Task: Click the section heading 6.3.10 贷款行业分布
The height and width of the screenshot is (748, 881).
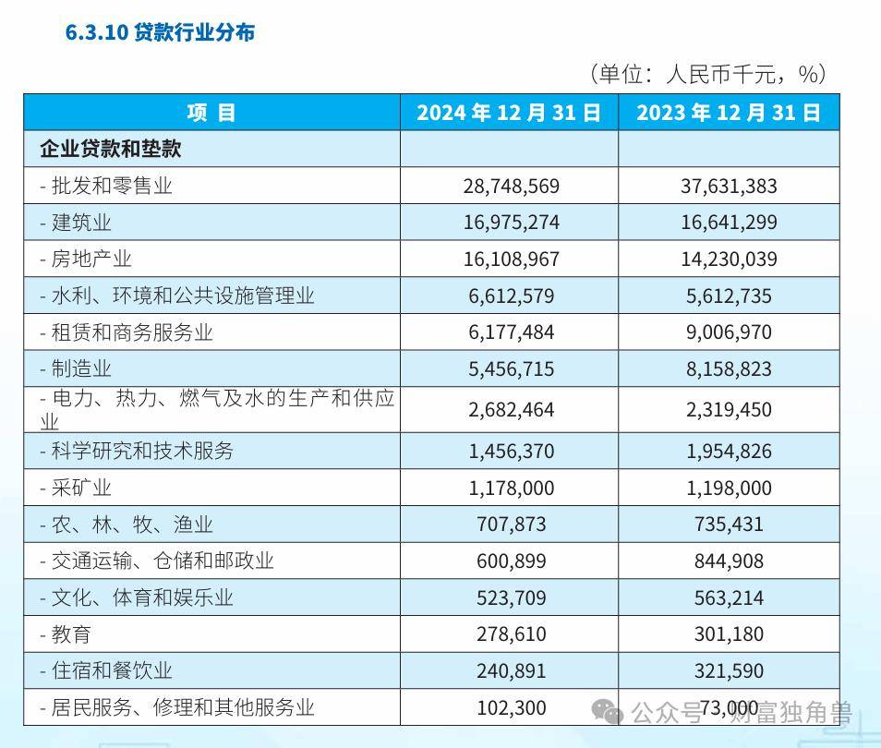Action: pos(160,32)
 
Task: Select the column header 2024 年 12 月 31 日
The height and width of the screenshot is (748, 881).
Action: pos(509,113)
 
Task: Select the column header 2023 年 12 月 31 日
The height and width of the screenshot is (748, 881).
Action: pos(729,113)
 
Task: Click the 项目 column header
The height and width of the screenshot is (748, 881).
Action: pos(211,113)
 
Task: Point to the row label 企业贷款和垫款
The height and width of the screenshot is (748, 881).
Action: pos(111,149)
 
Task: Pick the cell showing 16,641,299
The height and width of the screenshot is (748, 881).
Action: pos(729,223)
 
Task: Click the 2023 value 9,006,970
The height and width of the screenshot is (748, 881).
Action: pos(729,332)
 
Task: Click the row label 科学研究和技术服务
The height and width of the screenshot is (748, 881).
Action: pos(137,451)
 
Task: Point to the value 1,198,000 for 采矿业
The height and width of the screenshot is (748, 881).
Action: pos(729,488)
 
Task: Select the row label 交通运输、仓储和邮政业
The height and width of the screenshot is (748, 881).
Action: pos(157,561)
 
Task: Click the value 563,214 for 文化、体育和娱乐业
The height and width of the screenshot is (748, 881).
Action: pos(729,597)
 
